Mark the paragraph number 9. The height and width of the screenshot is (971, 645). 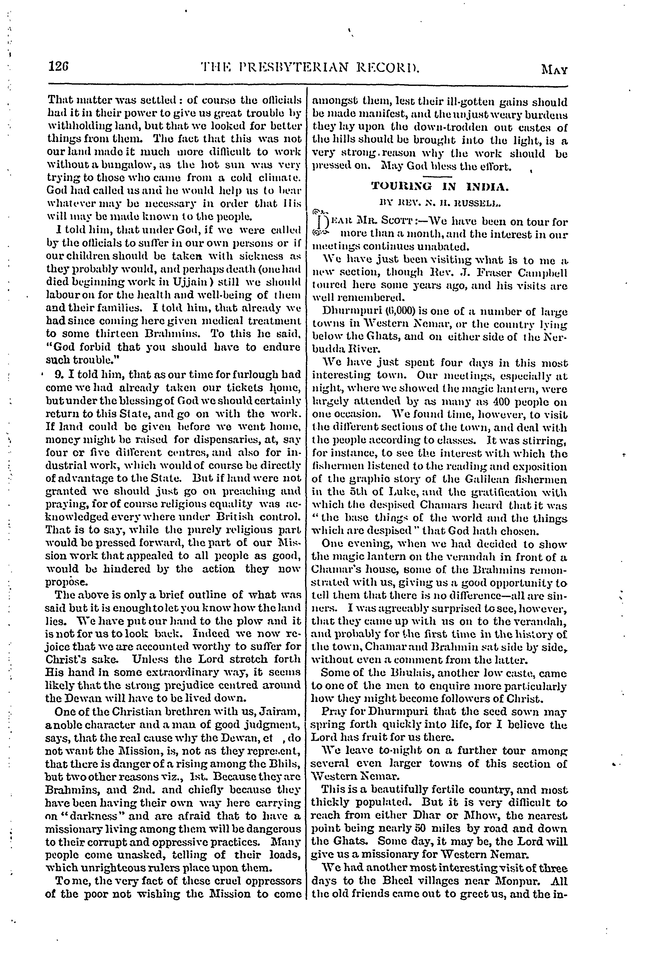tap(58, 375)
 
